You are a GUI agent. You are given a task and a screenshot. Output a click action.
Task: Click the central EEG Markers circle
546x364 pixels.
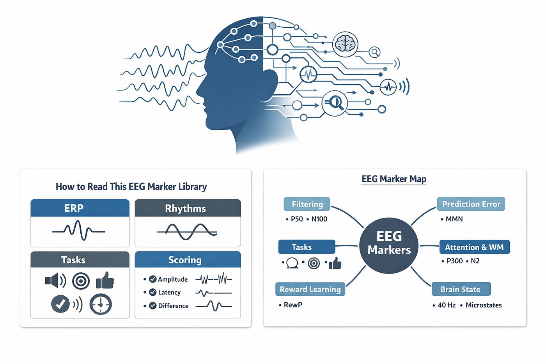tap(389, 245)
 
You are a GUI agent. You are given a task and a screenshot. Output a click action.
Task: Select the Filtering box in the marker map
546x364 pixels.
tap(307, 204)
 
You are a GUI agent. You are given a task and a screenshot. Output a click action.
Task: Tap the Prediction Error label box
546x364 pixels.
tap(471, 204)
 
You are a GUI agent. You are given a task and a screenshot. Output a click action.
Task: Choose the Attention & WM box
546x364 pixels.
tap(474, 247)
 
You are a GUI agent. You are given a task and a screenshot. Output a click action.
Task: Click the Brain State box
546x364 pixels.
tap(461, 289)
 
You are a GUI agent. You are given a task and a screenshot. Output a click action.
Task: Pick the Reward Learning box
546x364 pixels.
tap(310, 289)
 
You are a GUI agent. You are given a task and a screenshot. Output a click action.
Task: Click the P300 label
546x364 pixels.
tap(455, 261)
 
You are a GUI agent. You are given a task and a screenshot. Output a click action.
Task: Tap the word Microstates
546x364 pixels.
tap(484, 305)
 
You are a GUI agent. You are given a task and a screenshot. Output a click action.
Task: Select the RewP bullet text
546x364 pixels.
tap(293, 305)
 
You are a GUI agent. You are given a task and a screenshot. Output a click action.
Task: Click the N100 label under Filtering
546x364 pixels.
tap(319, 219)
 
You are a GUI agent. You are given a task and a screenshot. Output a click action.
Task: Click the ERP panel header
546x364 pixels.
tap(80, 208)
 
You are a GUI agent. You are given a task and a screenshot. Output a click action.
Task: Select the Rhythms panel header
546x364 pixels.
tap(188, 208)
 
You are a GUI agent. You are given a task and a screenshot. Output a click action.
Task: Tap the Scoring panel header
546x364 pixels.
tap(188, 259)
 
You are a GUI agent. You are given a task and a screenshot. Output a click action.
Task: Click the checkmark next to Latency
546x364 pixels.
tap(152, 292)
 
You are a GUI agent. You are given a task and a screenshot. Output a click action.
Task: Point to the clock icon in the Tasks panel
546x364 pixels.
tap(101, 304)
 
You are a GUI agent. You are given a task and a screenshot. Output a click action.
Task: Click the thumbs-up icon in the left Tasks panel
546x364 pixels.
tap(105, 281)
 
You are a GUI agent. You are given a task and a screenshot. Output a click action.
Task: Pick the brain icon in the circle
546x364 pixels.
tap(345, 44)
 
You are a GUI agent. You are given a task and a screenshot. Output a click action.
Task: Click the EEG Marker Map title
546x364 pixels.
tap(394, 179)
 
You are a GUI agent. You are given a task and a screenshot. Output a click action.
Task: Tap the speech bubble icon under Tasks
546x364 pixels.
tap(292, 263)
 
